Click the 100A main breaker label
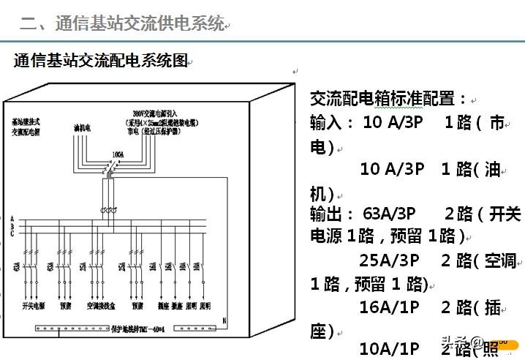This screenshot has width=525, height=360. click(x=117, y=155)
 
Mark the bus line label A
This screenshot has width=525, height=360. click(x=12, y=218)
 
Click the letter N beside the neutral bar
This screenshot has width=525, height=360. click(x=225, y=320)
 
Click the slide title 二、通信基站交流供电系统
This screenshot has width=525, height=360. click(x=121, y=23)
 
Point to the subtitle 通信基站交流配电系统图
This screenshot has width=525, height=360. click(x=101, y=61)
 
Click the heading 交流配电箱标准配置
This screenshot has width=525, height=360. click(x=389, y=98)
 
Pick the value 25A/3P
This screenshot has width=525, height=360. click(x=389, y=260)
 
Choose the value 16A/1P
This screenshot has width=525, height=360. click(x=389, y=307)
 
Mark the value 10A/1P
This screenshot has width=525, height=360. click(x=389, y=349)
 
